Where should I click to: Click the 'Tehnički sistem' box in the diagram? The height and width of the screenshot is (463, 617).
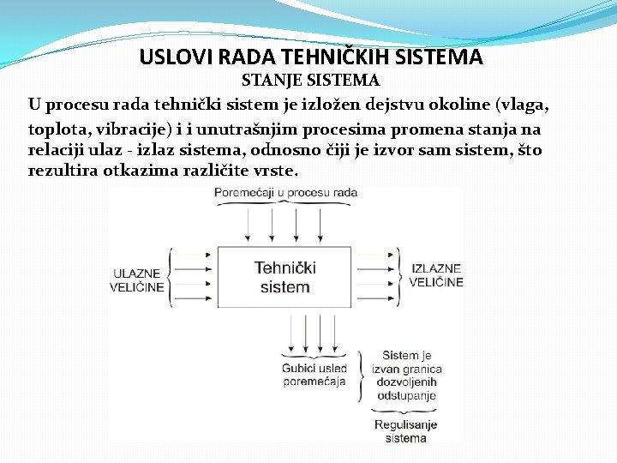285,277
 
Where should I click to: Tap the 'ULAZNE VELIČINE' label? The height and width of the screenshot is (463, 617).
136,280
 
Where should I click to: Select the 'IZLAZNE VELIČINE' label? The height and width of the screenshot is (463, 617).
436,275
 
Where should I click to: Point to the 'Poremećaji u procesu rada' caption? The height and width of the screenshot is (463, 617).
285,193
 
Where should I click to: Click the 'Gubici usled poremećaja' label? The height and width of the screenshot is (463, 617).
314,374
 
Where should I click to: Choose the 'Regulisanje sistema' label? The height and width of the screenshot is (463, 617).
405,431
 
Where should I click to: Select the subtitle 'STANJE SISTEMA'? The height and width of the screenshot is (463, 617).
310,81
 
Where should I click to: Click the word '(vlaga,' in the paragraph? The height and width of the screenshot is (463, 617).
521,105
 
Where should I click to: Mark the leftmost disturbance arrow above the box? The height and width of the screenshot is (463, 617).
247,225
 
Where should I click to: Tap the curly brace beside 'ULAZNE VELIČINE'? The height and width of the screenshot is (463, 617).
171,276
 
